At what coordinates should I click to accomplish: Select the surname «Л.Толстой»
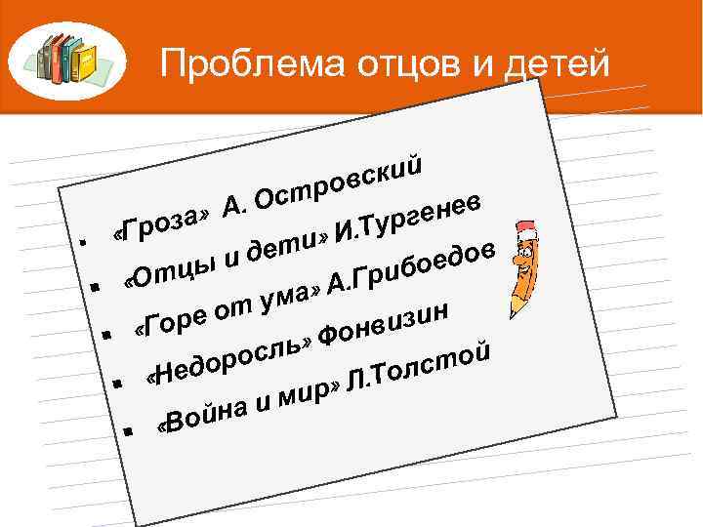[417, 370]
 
